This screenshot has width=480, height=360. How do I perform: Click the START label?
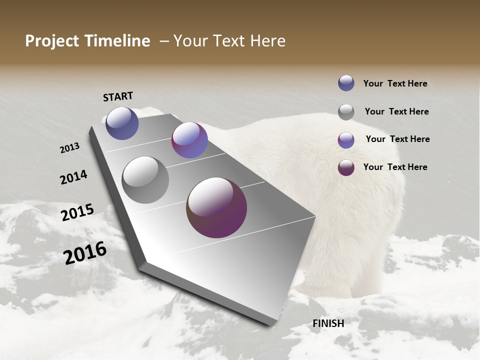(x=118, y=96)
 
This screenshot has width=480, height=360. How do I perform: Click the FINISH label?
(x=328, y=323)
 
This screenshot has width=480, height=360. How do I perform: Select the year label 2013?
(x=69, y=148)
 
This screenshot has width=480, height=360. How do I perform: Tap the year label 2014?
(x=73, y=177)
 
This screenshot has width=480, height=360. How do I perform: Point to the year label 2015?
(x=77, y=212)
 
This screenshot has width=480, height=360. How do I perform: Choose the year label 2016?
(x=85, y=253)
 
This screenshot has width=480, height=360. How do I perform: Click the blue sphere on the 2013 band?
(x=122, y=123)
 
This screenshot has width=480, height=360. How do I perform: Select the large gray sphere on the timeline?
(x=145, y=180)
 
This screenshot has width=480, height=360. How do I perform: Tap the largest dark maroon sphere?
(x=216, y=207)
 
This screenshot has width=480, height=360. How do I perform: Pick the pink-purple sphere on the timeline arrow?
(x=189, y=140)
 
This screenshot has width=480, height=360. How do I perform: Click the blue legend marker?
(x=346, y=83)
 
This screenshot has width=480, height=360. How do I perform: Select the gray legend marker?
(x=346, y=112)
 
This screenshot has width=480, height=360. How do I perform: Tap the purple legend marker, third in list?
(x=346, y=140)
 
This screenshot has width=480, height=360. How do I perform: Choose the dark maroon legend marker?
(x=346, y=167)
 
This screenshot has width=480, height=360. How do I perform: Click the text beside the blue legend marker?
(x=395, y=84)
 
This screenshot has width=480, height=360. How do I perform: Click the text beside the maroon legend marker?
(x=395, y=167)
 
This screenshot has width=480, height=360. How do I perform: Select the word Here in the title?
(x=268, y=41)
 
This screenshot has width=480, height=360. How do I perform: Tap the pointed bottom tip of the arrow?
(x=270, y=323)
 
